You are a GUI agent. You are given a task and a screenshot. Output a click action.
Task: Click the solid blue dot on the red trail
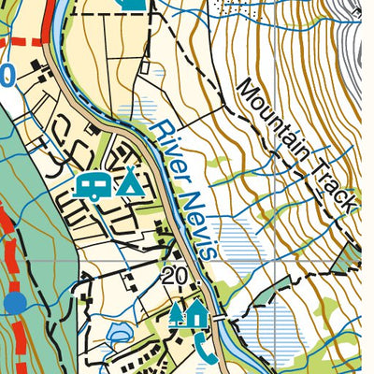click(x=14, y=302)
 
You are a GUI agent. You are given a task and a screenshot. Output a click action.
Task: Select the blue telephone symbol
click(x=206, y=350)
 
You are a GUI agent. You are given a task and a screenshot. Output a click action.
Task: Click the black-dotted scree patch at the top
click(x=234, y=7)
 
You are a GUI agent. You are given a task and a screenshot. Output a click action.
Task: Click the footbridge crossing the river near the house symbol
click(x=221, y=318)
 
